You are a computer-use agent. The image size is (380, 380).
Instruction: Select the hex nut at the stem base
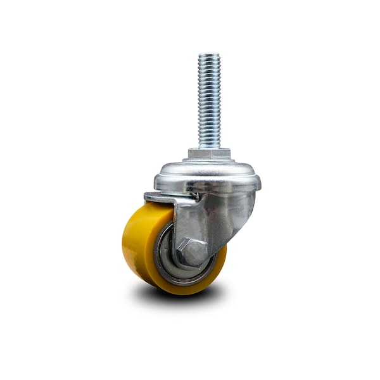pyautogui.click(x=208, y=154)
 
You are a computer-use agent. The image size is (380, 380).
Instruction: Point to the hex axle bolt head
pyautogui.click(x=191, y=251)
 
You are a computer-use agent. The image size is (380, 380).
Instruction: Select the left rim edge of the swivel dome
pyautogui.click(x=156, y=180)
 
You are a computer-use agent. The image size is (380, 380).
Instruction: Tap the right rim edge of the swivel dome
pyautogui.click(x=258, y=182)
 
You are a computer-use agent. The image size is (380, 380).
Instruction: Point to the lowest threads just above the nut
pyautogui.click(x=209, y=143)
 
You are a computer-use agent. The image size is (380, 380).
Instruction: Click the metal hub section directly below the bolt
pyautogui.click(x=190, y=272)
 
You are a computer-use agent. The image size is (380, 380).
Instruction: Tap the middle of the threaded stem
pyautogui.click(x=209, y=101)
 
